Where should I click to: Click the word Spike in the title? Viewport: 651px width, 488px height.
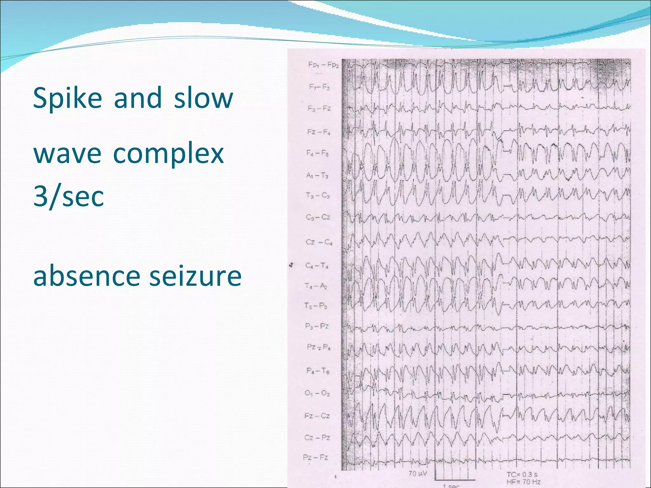67,98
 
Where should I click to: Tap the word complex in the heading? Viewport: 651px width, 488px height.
168,154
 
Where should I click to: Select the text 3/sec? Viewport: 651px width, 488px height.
69,197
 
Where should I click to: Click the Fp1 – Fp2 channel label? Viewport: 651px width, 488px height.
323,65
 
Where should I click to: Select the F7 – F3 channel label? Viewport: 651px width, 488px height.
319,87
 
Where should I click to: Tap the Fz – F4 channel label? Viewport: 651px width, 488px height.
319,132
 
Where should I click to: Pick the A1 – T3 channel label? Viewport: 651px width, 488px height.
317,175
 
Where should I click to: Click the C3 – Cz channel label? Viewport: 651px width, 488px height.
318,217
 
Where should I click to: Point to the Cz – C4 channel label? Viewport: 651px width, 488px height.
319,242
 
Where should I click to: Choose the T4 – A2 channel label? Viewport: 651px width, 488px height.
316,286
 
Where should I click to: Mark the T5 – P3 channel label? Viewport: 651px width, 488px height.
316,306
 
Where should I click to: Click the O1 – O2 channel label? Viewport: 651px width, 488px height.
317,393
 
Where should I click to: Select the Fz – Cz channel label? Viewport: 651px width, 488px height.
317,416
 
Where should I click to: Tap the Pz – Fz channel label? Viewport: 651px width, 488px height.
315,457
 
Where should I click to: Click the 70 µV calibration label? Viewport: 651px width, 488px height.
417,474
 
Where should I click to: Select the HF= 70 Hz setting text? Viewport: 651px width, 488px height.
523,482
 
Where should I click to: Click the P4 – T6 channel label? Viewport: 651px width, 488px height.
318,371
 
